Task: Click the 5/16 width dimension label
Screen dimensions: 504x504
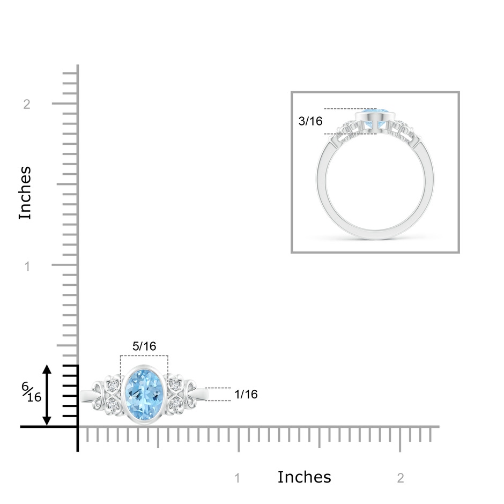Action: click(144, 346)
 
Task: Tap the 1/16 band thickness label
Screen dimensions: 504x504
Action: click(246, 395)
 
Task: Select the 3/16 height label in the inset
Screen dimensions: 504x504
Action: click(310, 121)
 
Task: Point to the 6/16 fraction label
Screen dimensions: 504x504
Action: click(32, 392)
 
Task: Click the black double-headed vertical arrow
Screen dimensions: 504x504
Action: click(47, 395)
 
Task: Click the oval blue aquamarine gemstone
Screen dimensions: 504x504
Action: click(144, 395)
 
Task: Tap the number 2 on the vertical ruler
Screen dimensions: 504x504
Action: click(27, 104)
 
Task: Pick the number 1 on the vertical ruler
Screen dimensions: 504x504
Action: click(27, 266)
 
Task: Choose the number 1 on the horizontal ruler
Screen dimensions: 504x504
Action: click(237, 478)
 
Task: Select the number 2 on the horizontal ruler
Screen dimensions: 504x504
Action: click(401, 478)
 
